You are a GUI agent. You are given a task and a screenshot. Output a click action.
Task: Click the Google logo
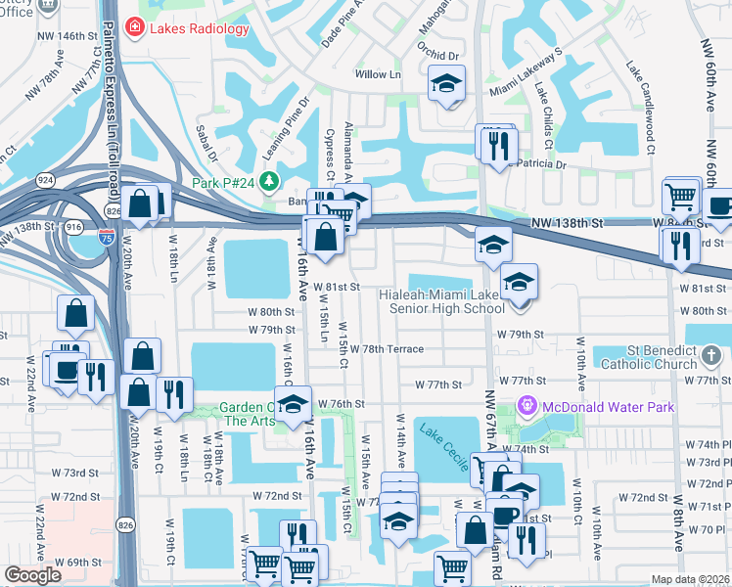pos(32,575)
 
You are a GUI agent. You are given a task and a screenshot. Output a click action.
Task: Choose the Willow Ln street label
pos(379,73)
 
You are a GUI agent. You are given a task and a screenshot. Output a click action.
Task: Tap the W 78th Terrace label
pos(387,349)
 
